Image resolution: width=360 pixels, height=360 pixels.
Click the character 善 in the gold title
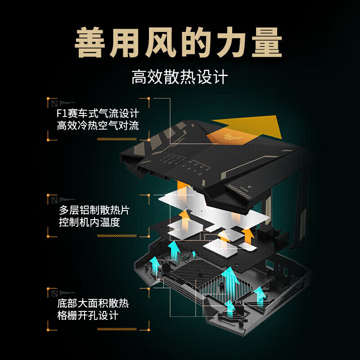click(90, 42)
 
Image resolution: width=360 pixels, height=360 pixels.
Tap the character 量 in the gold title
click(267, 42)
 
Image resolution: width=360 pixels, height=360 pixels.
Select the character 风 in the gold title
click(161, 42)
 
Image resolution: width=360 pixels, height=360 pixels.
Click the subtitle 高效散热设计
click(180, 77)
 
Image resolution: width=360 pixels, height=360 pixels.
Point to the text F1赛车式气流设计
click(98, 113)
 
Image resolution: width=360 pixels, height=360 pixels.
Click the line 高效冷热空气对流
click(98, 126)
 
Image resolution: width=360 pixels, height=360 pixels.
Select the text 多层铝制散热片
click(94, 210)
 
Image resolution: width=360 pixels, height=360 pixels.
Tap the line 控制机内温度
click(89, 222)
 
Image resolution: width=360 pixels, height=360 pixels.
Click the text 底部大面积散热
click(93, 303)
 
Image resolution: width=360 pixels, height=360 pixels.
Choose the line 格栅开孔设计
click(88, 315)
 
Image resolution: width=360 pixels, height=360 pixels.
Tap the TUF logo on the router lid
click(234, 137)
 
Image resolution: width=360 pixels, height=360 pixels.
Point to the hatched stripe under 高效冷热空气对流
click(117, 139)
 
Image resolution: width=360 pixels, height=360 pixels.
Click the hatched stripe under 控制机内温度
click(117, 236)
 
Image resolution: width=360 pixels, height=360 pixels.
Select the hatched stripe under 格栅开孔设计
click(117, 329)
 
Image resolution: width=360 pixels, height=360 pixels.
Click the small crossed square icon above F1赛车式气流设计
click(54, 103)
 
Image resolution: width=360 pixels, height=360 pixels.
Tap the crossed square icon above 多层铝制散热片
click(54, 200)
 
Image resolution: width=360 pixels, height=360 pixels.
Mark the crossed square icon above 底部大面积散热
click(54, 293)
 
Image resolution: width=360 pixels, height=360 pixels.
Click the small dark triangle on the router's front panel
click(250, 187)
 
